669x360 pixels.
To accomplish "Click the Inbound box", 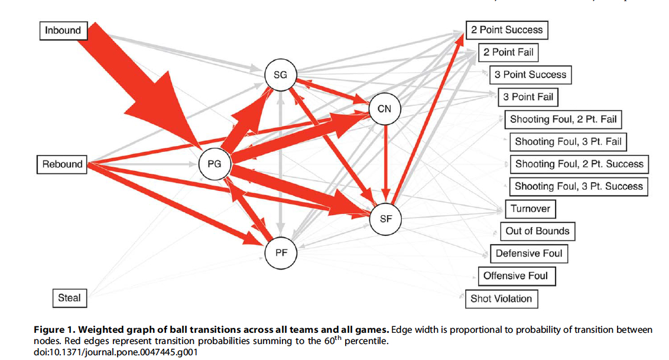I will coord(63,30).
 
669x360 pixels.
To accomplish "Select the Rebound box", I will coord(62,164).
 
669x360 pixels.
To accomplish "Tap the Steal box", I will coord(69,297).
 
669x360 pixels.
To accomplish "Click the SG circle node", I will coord(280,75).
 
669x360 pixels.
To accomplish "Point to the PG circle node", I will coord(215,164).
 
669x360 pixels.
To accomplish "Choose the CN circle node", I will coord(385,109).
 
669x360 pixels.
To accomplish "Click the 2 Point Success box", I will coord(507,30).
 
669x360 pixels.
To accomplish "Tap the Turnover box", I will coord(530,209).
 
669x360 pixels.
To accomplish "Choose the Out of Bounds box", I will coord(537,231).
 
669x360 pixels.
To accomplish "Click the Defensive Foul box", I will coord(529,253).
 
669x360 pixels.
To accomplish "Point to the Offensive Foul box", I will coord(515,275).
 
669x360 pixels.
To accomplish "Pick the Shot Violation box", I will coord(501,299).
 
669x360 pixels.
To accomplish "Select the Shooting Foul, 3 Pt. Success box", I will coord(579,186).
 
